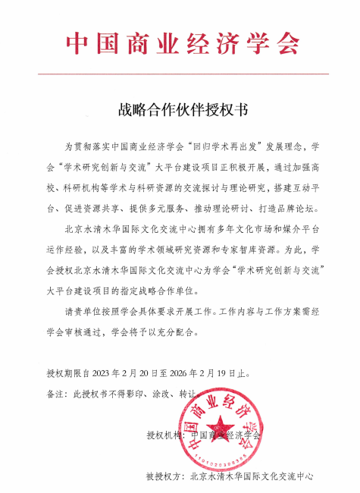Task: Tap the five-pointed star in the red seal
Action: (221, 427)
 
